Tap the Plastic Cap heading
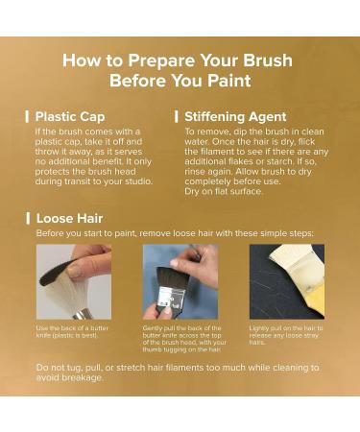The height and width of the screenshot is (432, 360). coord(70,116)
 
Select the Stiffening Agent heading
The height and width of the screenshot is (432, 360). coord(235,116)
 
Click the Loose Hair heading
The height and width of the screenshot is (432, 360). coord(69,219)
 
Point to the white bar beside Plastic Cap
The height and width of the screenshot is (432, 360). coord(27,117)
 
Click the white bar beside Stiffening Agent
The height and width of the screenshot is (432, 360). coord(177,117)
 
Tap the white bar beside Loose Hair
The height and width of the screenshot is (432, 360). coord(28,219)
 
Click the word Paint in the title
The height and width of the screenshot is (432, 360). coord(228,81)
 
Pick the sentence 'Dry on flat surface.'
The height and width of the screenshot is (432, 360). coord(224,191)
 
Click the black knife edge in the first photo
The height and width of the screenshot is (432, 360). coord(55,273)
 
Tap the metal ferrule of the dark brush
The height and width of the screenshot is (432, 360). coord(169,297)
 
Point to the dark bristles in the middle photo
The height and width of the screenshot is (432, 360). coord(169,277)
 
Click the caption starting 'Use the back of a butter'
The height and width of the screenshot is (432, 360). coord(72,332)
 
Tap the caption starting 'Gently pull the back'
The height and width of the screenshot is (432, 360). coord(184,339)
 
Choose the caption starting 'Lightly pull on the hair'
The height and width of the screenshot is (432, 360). coord(286,335)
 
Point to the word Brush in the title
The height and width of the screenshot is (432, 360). coord(268,60)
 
